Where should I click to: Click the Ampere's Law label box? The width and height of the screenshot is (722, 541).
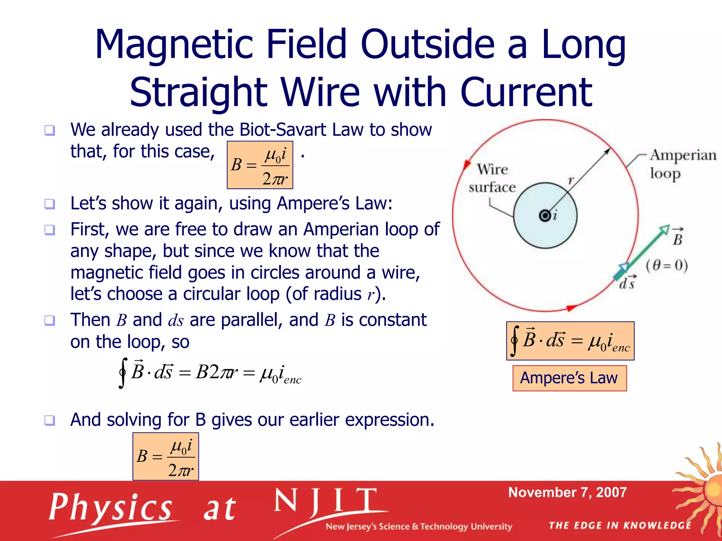[569, 378]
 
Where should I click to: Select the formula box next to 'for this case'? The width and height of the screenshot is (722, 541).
[260, 165]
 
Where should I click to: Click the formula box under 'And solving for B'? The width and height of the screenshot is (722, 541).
[165, 456]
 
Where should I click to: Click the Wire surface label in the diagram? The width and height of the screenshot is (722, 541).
[492, 178]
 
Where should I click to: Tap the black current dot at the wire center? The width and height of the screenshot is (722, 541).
[545, 215]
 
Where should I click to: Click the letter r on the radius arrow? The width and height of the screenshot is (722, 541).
[571, 180]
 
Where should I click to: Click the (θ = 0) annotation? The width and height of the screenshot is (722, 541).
[667, 265]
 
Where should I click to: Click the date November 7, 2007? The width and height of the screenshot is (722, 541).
[567, 492]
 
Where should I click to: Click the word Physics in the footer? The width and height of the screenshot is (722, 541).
[110, 507]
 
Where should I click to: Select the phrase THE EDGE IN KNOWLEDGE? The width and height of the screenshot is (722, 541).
[620, 526]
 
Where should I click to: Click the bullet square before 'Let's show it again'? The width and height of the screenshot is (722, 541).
[50, 204]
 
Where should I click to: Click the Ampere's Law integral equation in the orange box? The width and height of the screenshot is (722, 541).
[570, 341]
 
